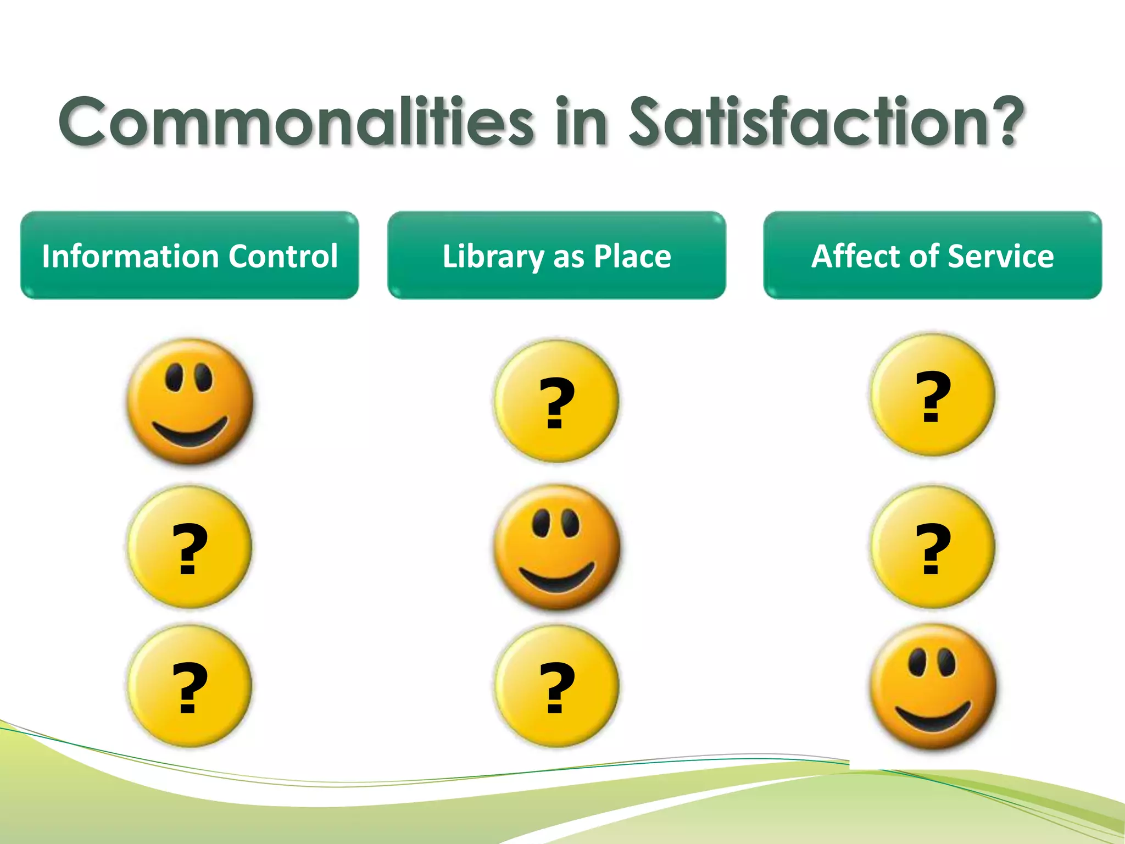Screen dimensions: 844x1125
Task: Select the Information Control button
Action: pyautogui.click(x=190, y=256)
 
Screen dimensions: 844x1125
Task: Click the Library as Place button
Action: pyautogui.click(x=556, y=256)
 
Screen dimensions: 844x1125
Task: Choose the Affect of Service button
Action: pyautogui.click(x=932, y=256)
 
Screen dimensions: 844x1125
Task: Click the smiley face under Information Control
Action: pyautogui.click(x=190, y=401)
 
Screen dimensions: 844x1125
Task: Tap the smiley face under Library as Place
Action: pyautogui.click(x=556, y=547)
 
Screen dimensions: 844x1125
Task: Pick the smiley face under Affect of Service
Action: pyautogui.click(x=932, y=687)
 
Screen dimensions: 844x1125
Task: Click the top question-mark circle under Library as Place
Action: pyautogui.click(x=556, y=401)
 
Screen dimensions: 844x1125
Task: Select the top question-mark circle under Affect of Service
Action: pyautogui.click(x=932, y=395)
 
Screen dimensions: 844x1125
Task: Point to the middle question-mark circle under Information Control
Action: pyautogui.click(x=190, y=547)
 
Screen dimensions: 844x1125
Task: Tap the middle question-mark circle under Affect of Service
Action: pyautogui.click(x=932, y=547)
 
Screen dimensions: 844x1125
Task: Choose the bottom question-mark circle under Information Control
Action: pyautogui.click(x=190, y=686)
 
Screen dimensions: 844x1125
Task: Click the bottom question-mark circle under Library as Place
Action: pyautogui.click(x=556, y=686)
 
